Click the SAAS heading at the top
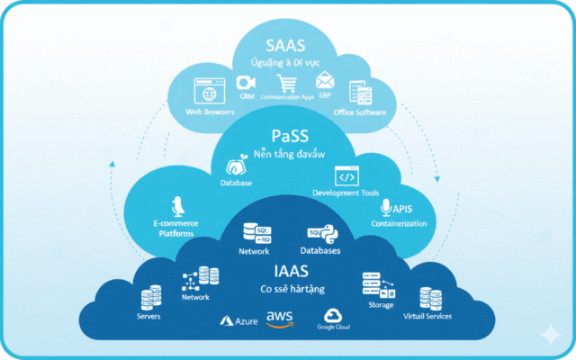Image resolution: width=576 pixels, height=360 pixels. coord(286,42)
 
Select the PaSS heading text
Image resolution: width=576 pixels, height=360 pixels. coord(290,136)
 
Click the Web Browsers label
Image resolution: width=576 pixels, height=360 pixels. coord(210,112)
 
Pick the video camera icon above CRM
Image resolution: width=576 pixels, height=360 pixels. coord(245,82)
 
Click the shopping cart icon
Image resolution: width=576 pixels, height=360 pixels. coord(288,84)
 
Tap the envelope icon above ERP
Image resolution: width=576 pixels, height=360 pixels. coord(324,79)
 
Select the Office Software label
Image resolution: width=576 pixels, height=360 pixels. coord(360,112)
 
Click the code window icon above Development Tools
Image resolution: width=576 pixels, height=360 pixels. coord(346,175)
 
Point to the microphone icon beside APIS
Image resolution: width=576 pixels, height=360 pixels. coord(386,208)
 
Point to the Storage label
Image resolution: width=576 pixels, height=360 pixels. coord(381,305)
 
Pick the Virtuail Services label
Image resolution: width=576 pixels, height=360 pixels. coord(427,316)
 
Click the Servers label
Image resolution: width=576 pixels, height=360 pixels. coord(148,316)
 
